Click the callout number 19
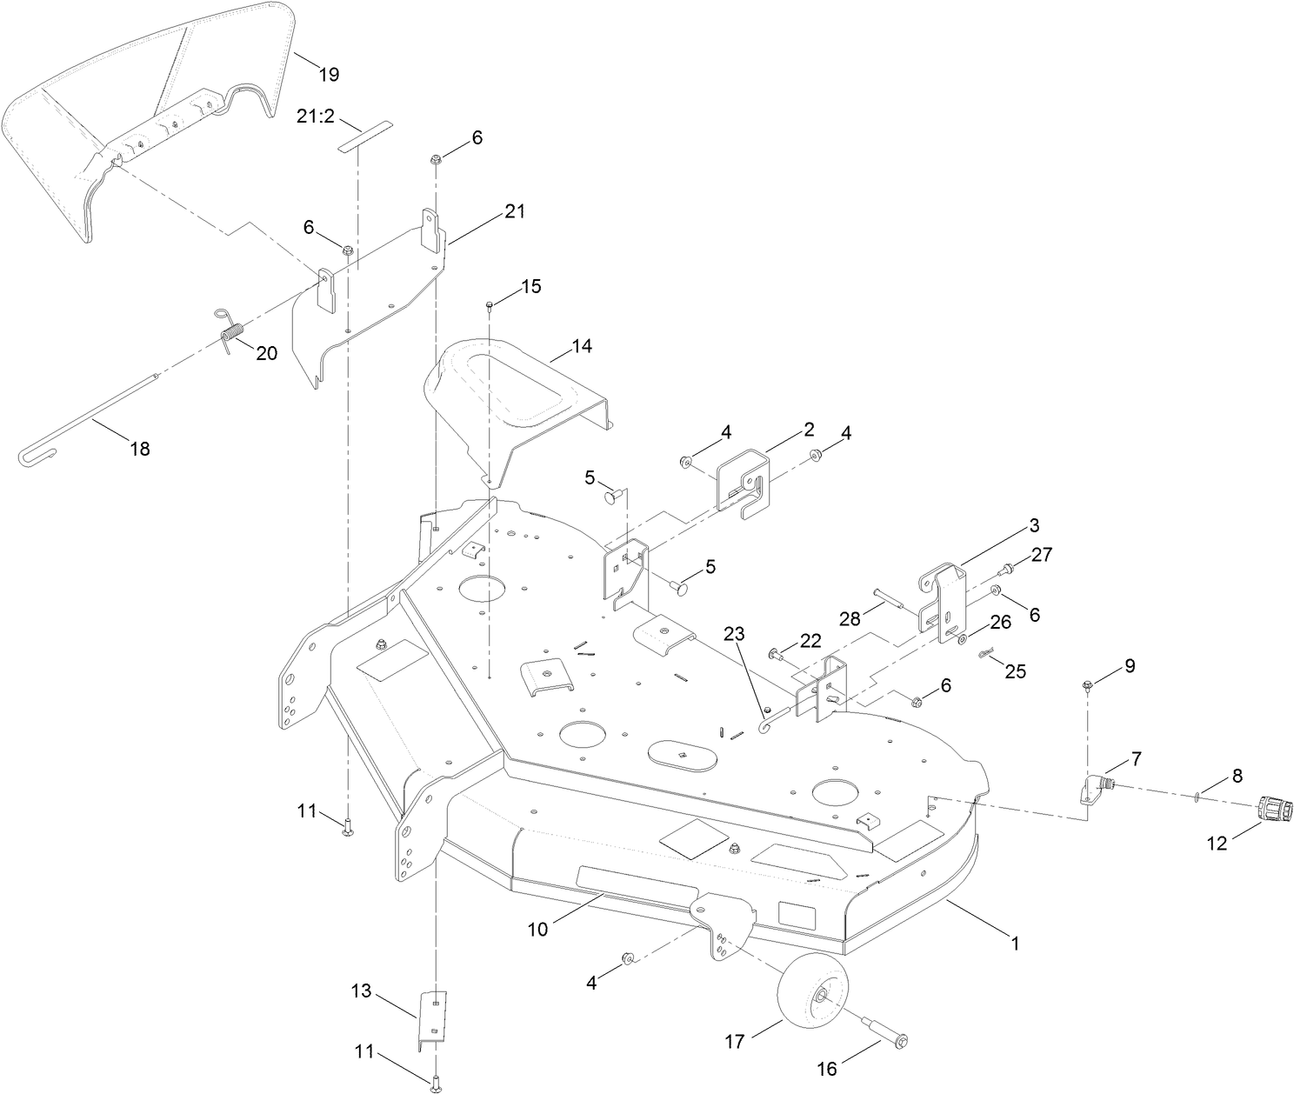[x=328, y=74]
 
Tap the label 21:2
[x=315, y=116]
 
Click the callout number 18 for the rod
[x=139, y=449]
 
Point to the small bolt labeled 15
[x=490, y=304]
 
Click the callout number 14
[x=581, y=345]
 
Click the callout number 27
[x=1042, y=554]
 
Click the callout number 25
[x=1015, y=670]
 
